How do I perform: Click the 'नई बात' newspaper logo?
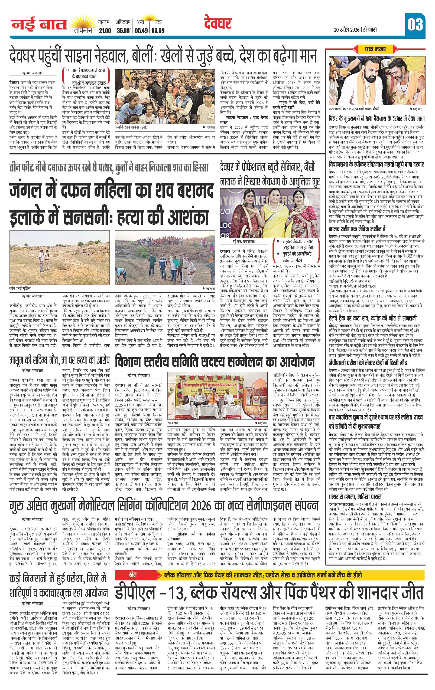point(38,25)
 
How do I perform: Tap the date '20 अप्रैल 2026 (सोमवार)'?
point(355,29)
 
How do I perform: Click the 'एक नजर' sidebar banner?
point(375,49)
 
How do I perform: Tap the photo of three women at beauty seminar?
point(270,214)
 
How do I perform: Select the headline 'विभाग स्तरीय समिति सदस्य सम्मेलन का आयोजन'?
point(214,362)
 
